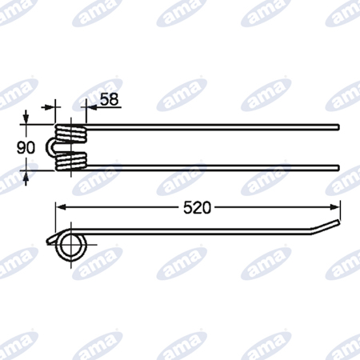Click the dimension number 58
(x=110, y=99)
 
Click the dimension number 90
(x=26, y=147)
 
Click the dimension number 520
(x=197, y=208)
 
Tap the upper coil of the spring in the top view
(x=71, y=134)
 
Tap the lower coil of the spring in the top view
(x=71, y=162)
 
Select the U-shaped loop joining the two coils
(x=48, y=147)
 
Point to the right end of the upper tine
(x=338, y=127)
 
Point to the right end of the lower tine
(x=338, y=167)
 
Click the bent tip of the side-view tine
(x=326, y=226)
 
